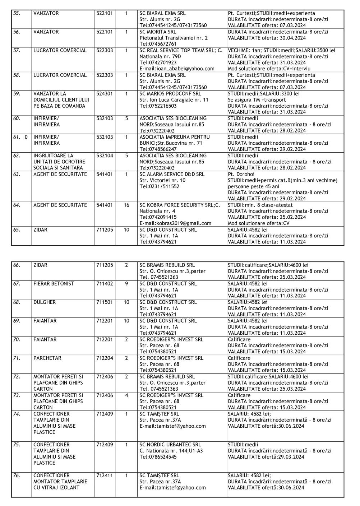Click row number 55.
pyautogui.click(x=17, y=14)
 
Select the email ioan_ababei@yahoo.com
pyautogui.click(x=177, y=69)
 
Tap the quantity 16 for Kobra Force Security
pyautogui.click(x=126, y=205)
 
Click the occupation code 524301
pyautogui.click(x=105, y=94)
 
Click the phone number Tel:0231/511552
pyautogui.click(x=159, y=186)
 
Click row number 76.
pyautogui.click(x=17, y=475)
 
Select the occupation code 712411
pyautogui.click(x=105, y=475)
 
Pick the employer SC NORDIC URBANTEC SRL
pyautogui.click(x=170, y=445)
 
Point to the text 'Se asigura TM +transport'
pyautogui.click(x=257, y=100)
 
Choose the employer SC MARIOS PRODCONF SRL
pyautogui.click(x=170, y=94)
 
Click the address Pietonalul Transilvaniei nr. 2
pyautogui.click(x=174, y=38)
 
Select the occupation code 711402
pyautogui.click(x=105, y=284)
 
